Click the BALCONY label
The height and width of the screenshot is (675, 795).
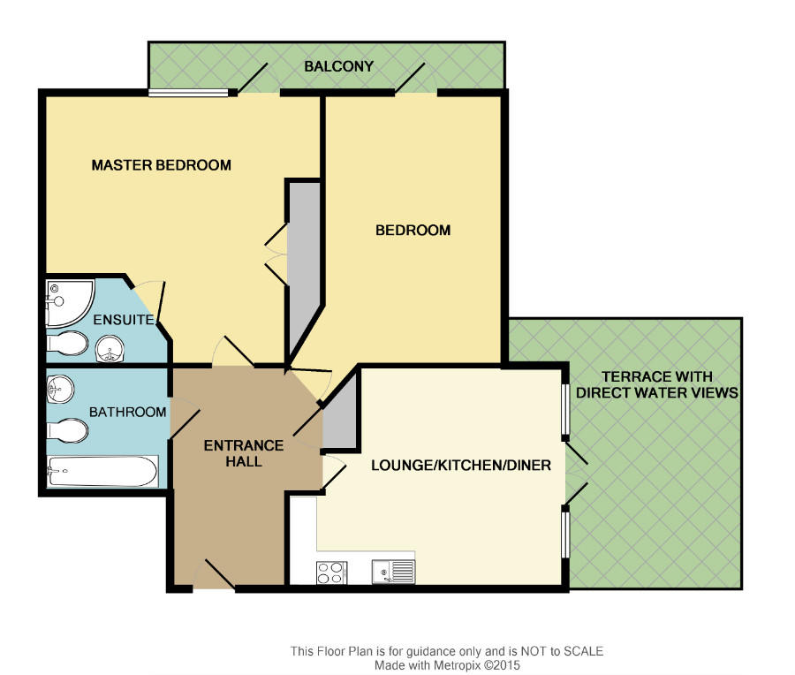point(338,66)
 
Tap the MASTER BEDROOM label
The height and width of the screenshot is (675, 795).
point(162,165)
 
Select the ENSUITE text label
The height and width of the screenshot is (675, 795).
point(123,320)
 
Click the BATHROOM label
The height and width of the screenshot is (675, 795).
point(128,412)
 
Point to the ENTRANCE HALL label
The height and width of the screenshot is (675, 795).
point(244,453)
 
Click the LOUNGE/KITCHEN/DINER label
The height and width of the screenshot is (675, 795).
point(461,465)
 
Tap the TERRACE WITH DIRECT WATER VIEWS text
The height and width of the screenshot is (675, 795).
point(657,384)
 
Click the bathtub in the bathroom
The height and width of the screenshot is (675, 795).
point(102,472)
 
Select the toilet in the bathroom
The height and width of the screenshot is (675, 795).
point(67,431)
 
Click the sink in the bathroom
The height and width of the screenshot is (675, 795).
point(60,390)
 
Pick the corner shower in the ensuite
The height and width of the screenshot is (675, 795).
point(70,303)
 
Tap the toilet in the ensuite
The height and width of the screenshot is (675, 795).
point(67,344)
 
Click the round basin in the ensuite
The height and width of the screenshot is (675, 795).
point(110,349)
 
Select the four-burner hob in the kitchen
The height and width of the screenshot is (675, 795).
point(331,573)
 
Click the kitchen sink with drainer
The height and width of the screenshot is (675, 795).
point(393,572)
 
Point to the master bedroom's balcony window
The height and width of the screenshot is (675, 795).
point(188,93)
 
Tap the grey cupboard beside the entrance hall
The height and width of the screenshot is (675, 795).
point(341,416)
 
